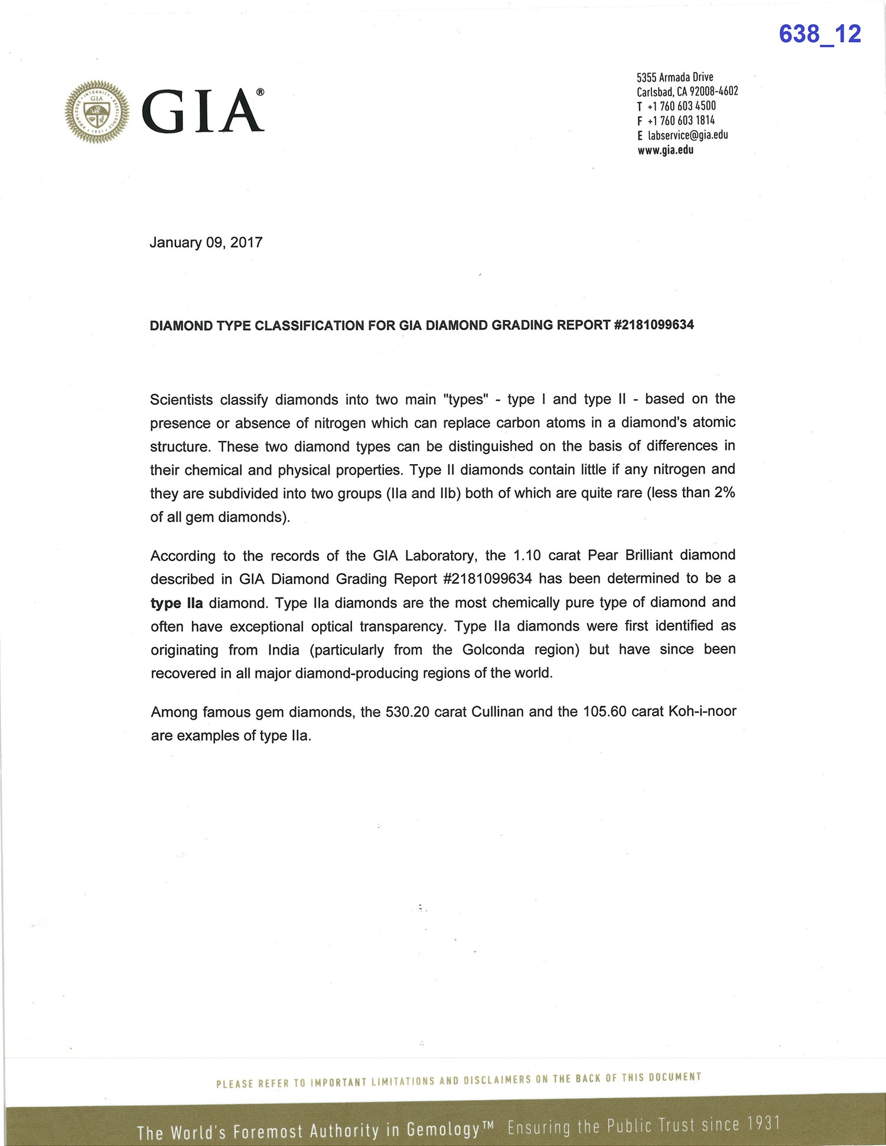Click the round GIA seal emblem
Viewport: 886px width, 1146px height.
click(x=97, y=112)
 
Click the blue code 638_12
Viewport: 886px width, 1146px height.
click(x=819, y=34)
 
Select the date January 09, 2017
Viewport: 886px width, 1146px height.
click(x=206, y=243)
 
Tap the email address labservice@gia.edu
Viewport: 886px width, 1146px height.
click(x=688, y=135)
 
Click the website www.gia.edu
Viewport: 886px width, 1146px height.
click(x=665, y=150)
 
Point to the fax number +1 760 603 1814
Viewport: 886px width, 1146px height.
click(x=681, y=120)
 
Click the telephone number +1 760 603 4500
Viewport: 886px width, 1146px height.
click(x=681, y=106)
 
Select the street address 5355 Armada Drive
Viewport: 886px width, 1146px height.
click(x=675, y=77)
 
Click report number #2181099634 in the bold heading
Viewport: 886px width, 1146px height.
click(x=654, y=325)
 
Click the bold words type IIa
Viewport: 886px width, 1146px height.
click(x=177, y=603)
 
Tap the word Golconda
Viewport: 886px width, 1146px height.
click(x=493, y=649)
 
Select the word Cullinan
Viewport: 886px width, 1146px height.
click(x=497, y=711)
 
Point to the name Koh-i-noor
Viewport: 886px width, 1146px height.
click(x=702, y=711)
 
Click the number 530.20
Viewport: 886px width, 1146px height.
click(x=407, y=711)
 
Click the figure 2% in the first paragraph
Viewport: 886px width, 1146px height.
click(x=724, y=492)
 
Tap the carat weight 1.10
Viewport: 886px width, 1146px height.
click(x=527, y=555)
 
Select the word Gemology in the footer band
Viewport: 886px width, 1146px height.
click(x=443, y=1129)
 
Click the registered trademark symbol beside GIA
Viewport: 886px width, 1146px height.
click(x=260, y=92)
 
